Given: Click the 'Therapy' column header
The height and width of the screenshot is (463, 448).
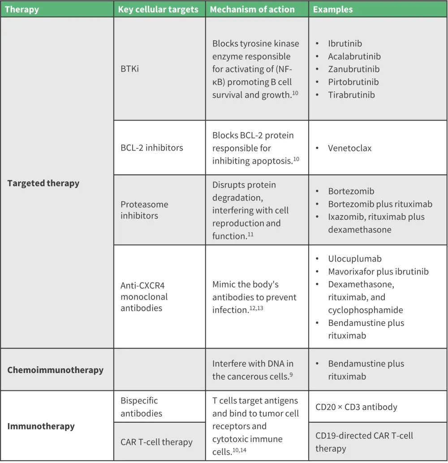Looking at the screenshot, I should (x=22, y=9).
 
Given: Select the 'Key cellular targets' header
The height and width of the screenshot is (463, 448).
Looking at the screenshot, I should (x=158, y=9).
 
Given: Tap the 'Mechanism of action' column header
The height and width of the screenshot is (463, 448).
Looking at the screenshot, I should (x=252, y=9).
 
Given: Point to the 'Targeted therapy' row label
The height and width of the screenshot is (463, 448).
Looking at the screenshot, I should (x=43, y=183).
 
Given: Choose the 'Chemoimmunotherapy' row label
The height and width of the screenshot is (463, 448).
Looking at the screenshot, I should (x=55, y=370).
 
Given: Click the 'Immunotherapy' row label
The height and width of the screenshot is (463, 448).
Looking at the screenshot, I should (x=41, y=426).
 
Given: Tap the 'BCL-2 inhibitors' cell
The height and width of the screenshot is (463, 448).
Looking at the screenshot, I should (x=152, y=147).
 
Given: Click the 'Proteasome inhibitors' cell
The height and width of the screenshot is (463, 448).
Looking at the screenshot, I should (x=144, y=210).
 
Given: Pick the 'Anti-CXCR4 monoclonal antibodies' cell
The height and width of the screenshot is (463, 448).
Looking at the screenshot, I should (x=144, y=296).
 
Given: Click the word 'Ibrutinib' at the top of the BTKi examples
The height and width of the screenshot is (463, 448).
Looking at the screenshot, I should (x=345, y=43).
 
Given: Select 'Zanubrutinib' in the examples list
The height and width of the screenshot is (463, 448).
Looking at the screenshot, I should (x=353, y=69).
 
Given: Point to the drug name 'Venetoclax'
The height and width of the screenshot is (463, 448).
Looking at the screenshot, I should (x=349, y=148).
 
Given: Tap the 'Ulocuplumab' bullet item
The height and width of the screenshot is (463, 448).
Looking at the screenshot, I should (x=354, y=259).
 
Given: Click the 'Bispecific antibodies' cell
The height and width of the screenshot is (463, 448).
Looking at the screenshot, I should (x=139, y=407).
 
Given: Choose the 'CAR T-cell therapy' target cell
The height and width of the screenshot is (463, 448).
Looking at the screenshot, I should (x=156, y=442).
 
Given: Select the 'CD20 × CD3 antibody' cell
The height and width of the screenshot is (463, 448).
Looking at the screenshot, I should (x=356, y=407).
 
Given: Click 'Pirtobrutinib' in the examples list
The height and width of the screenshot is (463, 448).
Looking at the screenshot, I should (x=353, y=82).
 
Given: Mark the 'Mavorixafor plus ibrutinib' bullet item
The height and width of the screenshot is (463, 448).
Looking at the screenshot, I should (x=378, y=271).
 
